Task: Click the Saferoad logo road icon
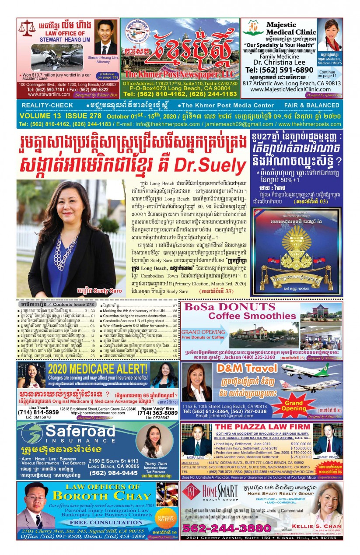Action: [x=31, y=433]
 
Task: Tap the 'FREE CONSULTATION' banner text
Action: [x=88, y=522]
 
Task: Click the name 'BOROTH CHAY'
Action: [x=101, y=496]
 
